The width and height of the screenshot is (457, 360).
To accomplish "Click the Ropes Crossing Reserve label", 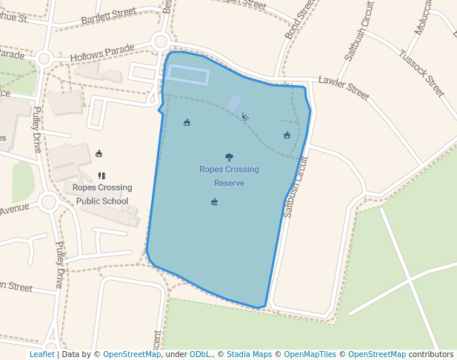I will (229, 176).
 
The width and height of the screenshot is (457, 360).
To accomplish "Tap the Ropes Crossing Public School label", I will (102, 194).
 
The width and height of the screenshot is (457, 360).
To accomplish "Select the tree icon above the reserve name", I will (229, 157).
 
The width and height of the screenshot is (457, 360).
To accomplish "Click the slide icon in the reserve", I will (245, 116).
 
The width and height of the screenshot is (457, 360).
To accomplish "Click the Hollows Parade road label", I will (102, 53).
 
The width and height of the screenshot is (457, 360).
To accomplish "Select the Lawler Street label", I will (343, 88).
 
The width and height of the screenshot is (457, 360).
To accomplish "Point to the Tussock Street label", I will (421, 73).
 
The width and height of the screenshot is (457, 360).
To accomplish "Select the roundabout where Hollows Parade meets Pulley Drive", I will (44, 59).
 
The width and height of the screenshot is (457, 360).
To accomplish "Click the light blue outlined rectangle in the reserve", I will (187, 74).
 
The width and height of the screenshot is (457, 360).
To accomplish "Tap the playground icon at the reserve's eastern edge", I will (287, 135).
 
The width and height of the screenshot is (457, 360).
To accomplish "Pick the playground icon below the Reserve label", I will (214, 201).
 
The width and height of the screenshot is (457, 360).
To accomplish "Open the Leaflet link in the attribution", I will (41, 355).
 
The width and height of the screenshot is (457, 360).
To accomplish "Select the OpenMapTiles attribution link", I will (306, 355).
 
